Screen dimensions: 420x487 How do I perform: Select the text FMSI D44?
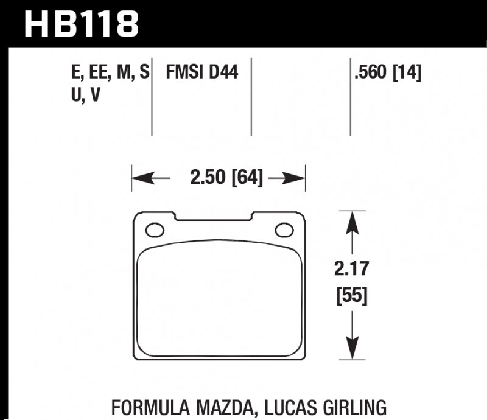(201, 73)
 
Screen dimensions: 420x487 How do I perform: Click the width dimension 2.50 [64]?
(226, 178)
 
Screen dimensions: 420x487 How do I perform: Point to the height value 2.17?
(352, 268)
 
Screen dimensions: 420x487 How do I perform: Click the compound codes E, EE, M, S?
(110, 73)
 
